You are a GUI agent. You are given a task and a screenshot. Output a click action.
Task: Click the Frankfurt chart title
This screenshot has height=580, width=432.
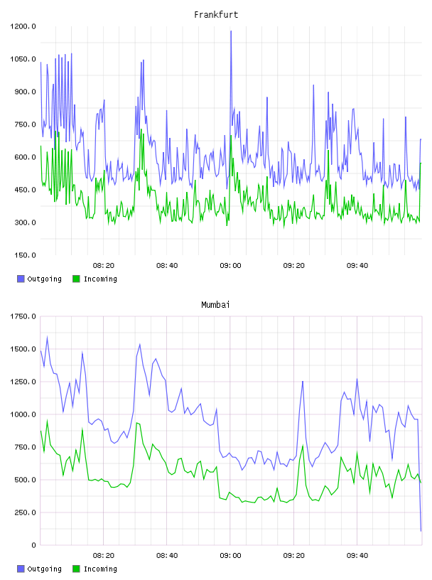point(216,15)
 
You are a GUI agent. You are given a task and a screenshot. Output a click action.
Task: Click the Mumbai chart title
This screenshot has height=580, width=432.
point(215,305)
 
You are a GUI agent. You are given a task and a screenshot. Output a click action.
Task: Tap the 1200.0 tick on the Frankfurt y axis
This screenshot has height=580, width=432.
point(23,26)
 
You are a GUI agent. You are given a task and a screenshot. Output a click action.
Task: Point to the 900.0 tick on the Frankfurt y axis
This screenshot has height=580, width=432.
point(25,92)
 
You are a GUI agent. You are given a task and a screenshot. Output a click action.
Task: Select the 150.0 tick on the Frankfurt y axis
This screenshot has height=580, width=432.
point(25,255)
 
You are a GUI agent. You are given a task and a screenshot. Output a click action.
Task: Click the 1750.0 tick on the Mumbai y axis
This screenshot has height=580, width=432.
point(23,316)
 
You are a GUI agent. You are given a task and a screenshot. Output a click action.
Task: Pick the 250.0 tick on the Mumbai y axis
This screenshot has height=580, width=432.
point(25,512)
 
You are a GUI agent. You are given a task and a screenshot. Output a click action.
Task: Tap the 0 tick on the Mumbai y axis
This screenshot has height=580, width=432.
point(33,545)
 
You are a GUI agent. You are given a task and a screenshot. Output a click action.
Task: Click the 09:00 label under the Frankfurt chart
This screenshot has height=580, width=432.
point(230,266)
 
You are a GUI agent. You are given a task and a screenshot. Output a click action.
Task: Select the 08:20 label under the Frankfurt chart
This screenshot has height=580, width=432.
point(104,266)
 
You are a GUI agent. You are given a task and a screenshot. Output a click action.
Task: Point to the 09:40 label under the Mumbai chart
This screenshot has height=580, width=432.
point(357,556)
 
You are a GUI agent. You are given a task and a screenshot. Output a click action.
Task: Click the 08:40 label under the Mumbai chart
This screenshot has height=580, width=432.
point(167,556)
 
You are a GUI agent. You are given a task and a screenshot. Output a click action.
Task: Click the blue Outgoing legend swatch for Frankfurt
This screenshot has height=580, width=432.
point(21,279)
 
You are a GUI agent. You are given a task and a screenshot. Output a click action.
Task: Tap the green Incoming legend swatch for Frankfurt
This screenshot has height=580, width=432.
point(76,279)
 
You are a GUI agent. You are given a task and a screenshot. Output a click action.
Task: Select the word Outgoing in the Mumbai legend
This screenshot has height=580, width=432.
point(44,569)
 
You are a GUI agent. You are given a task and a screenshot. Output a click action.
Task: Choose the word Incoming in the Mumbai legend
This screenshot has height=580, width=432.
point(100,569)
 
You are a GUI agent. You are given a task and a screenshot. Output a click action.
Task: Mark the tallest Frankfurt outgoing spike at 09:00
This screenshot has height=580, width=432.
point(231,31)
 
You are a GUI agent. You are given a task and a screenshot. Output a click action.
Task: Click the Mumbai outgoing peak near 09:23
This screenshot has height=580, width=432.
point(303,382)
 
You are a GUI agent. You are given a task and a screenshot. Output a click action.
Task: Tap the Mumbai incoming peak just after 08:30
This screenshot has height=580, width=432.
point(137,423)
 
